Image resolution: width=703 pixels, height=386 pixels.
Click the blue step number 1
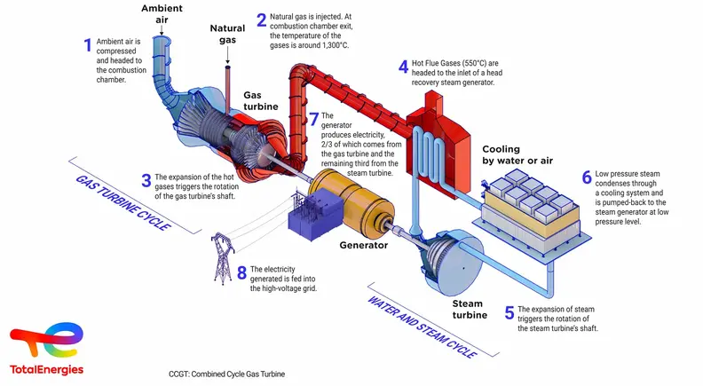tap(88, 45)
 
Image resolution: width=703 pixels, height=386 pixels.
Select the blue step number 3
tap(146, 180)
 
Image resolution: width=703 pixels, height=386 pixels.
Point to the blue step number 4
tap(402, 66)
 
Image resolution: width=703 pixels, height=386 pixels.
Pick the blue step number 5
tap(509, 312)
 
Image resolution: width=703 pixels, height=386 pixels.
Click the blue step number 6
tap(587, 177)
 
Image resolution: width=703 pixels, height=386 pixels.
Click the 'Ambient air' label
tap(163, 15)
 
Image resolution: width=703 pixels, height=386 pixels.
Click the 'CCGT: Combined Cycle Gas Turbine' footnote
tap(227, 374)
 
